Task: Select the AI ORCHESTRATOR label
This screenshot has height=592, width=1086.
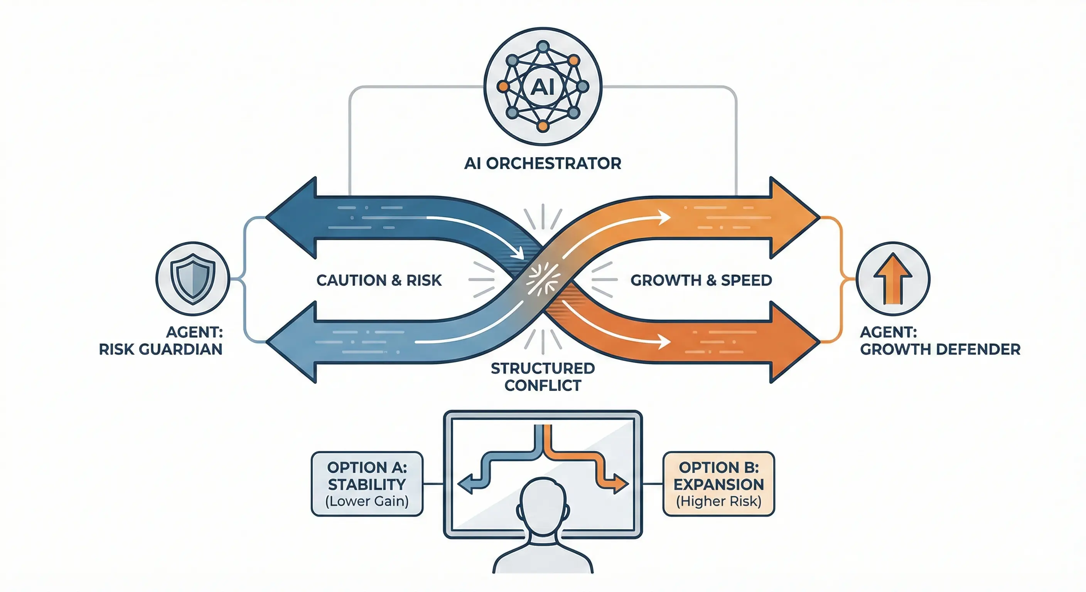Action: click(x=543, y=163)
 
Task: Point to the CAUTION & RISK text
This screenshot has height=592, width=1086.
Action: click(x=379, y=280)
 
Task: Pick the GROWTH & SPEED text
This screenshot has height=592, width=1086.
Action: click(x=701, y=280)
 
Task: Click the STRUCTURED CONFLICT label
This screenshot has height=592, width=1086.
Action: click(x=543, y=377)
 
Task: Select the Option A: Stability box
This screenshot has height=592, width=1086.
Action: click(x=367, y=484)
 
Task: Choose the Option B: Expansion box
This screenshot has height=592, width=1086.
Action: click(x=718, y=484)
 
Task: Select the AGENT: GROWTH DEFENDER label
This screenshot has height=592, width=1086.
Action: click(x=940, y=341)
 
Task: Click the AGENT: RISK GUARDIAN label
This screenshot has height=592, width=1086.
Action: click(x=160, y=341)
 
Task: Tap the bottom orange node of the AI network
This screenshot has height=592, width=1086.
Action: click(x=543, y=126)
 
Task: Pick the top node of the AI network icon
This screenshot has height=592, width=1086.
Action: click(x=543, y=46)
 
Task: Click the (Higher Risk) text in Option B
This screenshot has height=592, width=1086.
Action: click(x=718, y=501)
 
